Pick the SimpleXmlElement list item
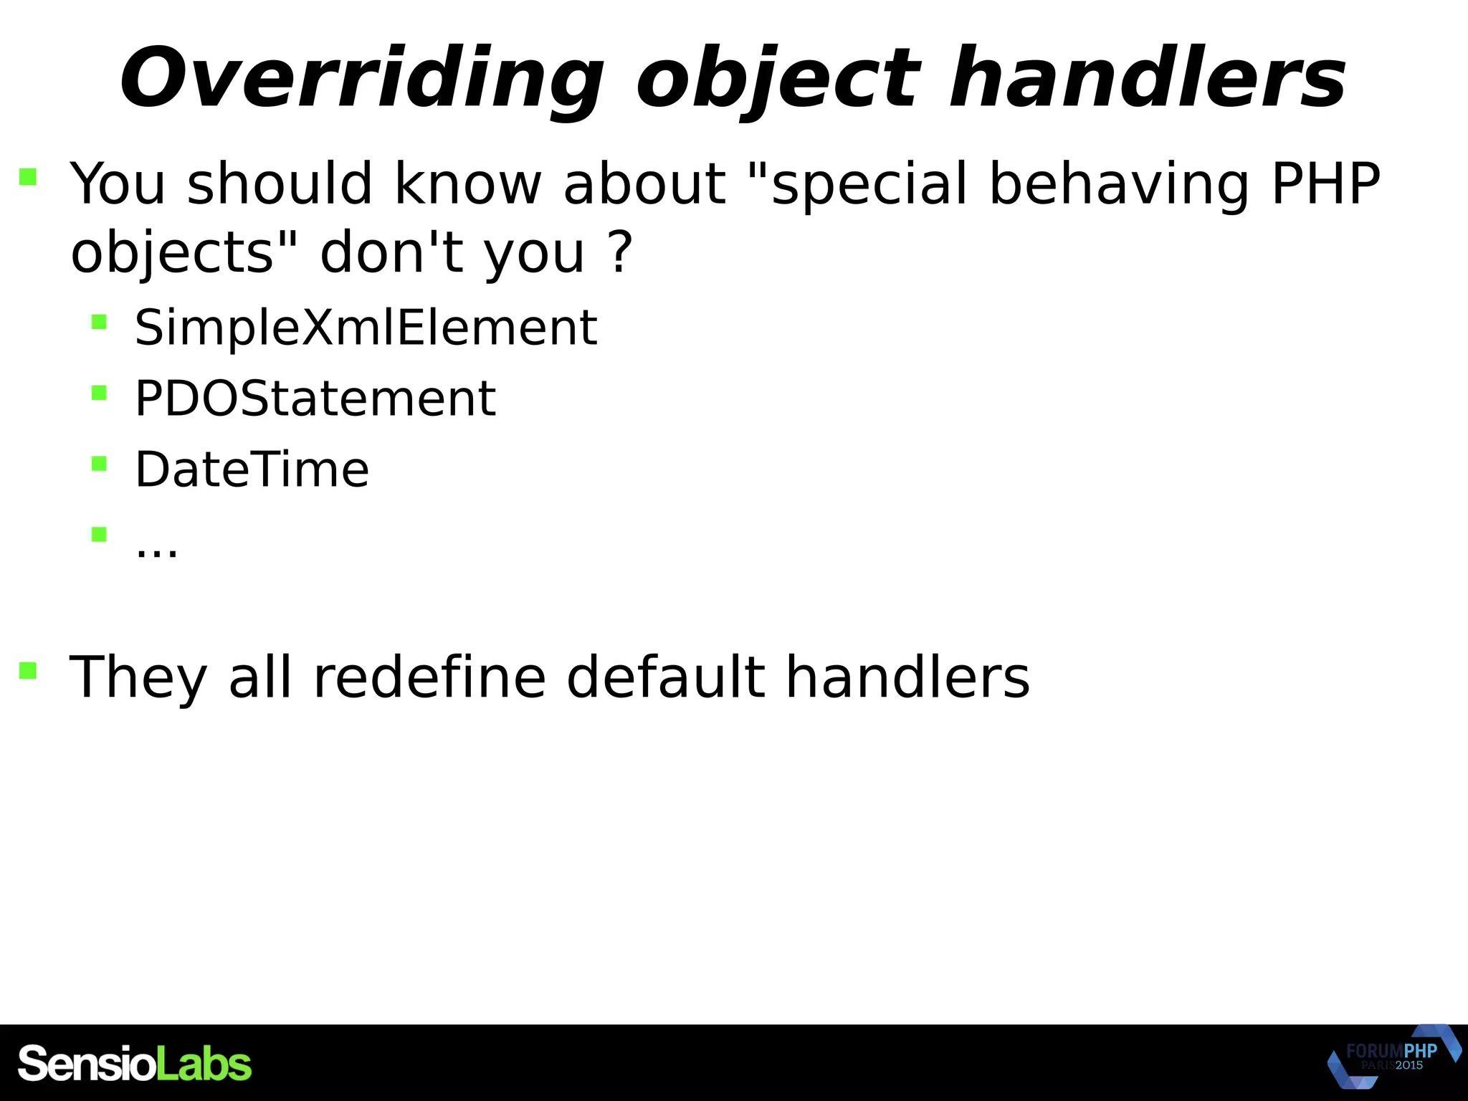(x=366, y=328)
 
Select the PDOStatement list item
(x=315, y=399)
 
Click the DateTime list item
(x=252, y=470)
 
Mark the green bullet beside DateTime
(x=99, y=464)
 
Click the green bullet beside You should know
(x=28, y=176)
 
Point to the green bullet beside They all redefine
(x=28, y=670)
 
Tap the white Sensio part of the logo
(x=86, y=1064)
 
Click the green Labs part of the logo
(x=204, y=1064)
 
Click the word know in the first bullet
(x=467, y=183)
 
